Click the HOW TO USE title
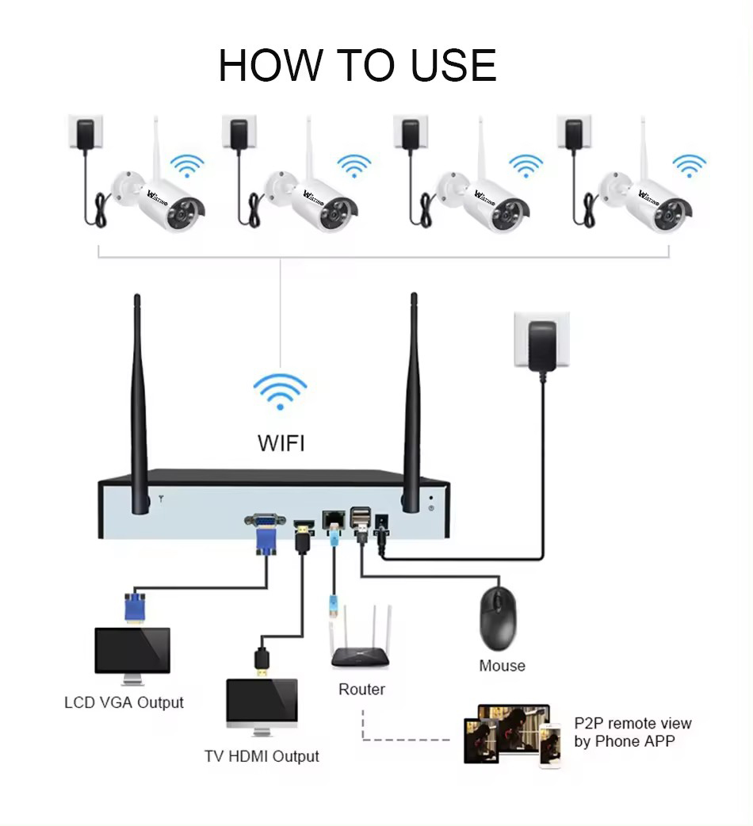[x=357, y=66]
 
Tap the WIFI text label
[x=281, y=442]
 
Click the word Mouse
[x=502, y=666]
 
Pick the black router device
[x=361, y=654]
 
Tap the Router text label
[x=361, y=690]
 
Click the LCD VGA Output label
[x=124, y=702]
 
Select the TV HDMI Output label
[x=262, y=756]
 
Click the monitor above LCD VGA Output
[x=132, y=654]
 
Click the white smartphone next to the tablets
[x=550, y=744]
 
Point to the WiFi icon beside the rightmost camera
[x=689, y=165]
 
